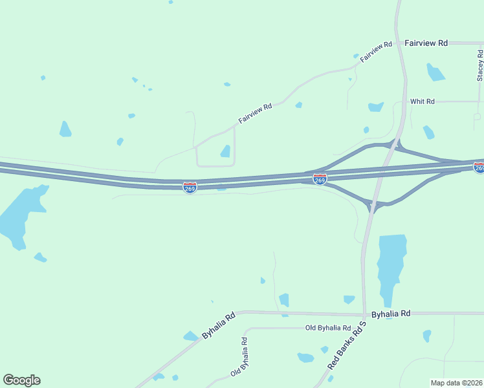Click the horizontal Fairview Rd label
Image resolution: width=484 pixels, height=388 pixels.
click(x=426, y=43)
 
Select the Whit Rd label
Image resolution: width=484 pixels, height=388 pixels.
click(x=422, y=102)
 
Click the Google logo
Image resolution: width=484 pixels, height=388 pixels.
click(x=21, y=380)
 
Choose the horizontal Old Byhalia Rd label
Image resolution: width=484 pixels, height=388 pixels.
click(x=328, y=328)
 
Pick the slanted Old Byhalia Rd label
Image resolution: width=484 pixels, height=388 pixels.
click(x=239, y=357)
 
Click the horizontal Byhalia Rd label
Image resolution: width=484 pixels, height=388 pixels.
click(x=391, y=314)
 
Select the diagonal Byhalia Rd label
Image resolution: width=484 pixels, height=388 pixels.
click(x=219, y=326)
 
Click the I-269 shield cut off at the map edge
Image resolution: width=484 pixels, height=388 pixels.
click(x=479, y=167)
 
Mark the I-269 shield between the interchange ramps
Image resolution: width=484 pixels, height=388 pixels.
click(x=320, y=178)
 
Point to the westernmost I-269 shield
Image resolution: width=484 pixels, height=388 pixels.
click(x=190, y=188)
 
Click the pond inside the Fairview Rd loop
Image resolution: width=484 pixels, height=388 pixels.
click(x=225, y=151)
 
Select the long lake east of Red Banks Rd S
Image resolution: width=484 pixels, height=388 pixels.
click(x=391, y=265)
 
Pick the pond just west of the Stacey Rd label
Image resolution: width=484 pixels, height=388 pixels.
click(x=435, y=72)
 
